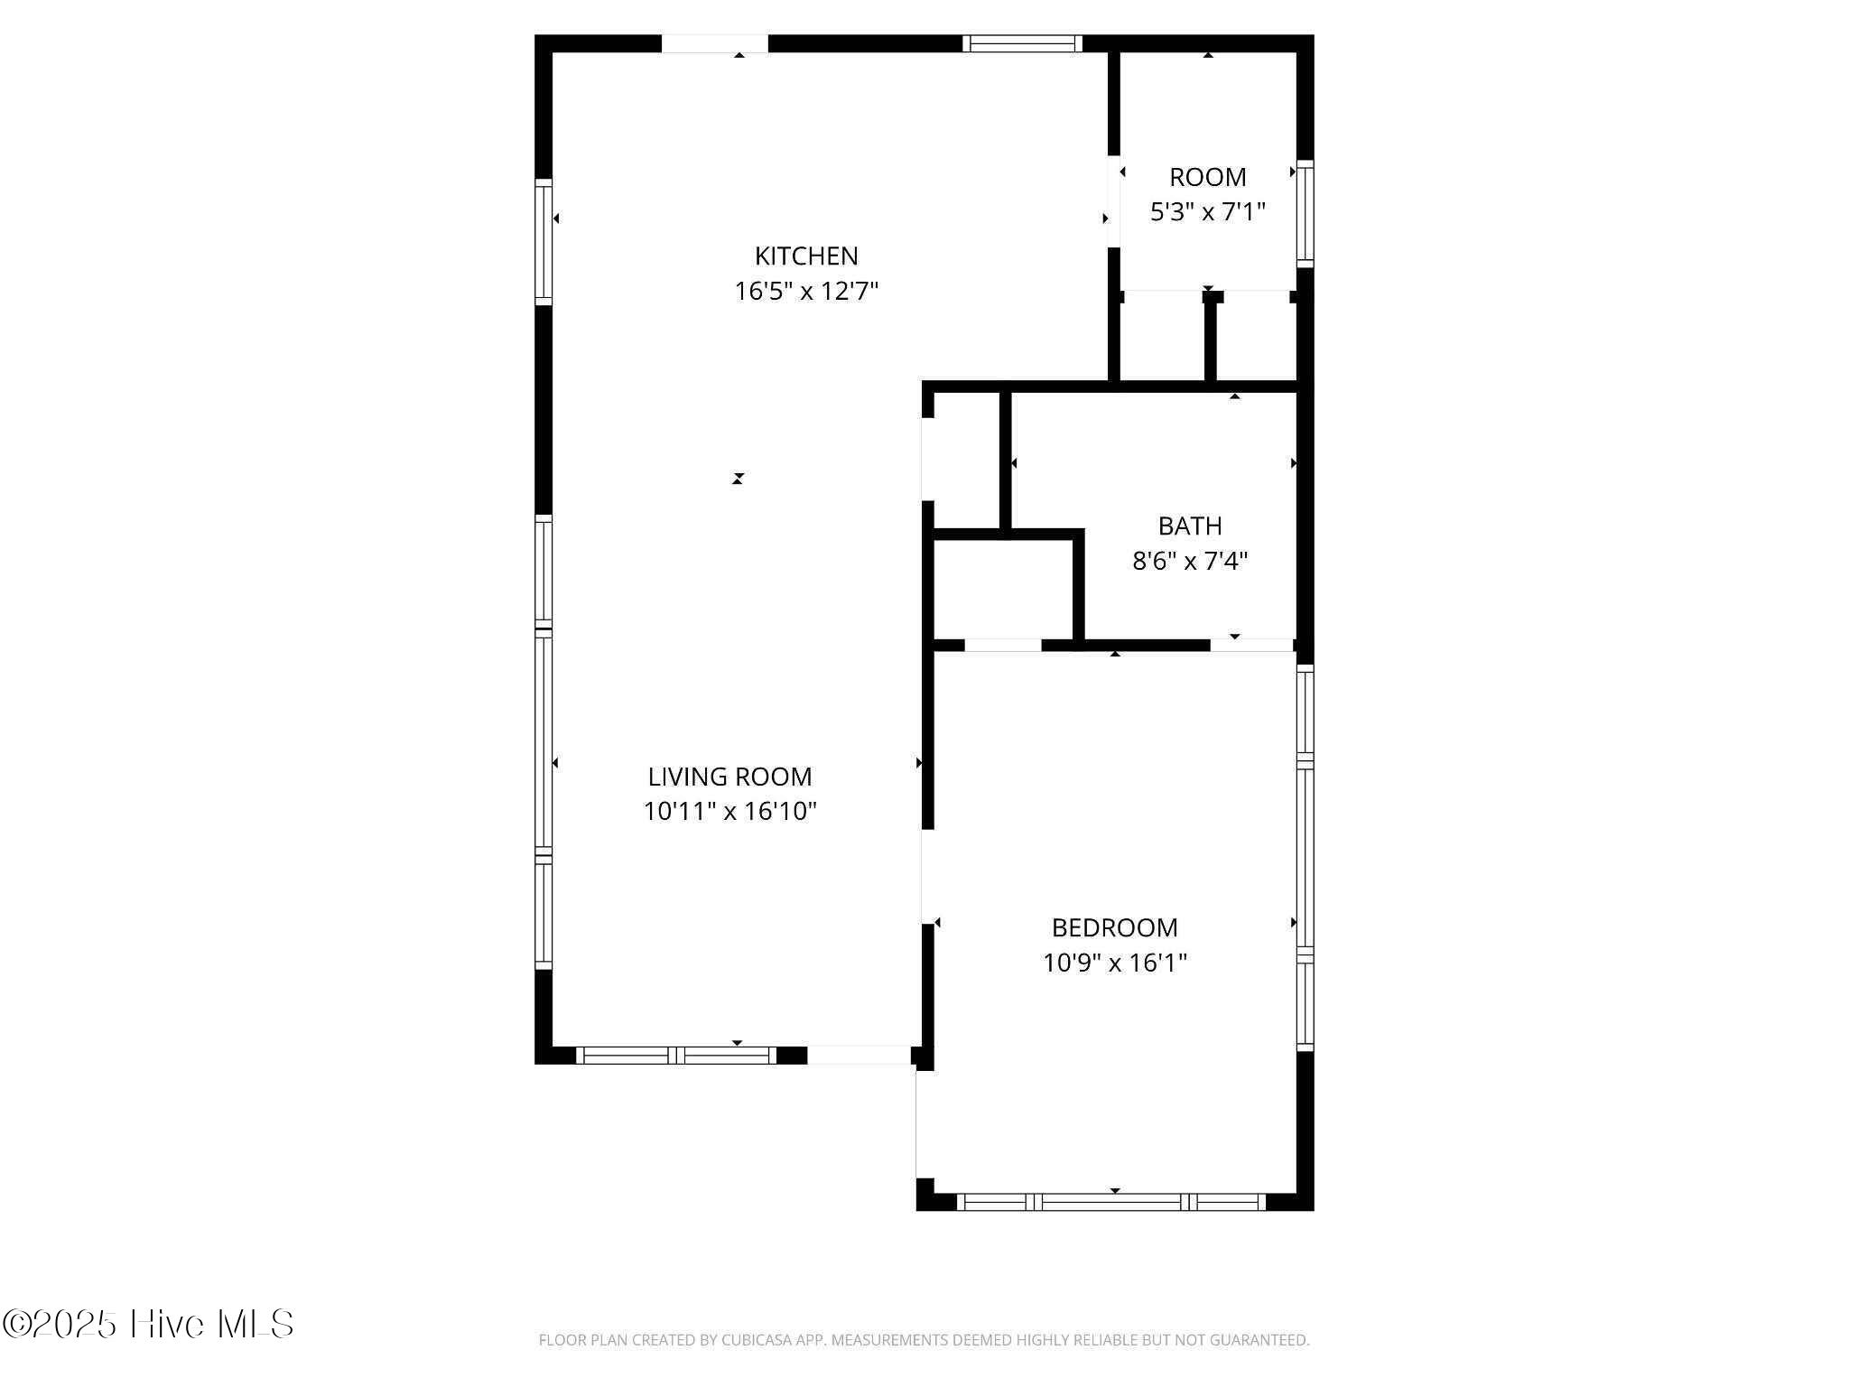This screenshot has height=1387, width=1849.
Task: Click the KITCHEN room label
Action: pyautogui.click(x=806, y=256)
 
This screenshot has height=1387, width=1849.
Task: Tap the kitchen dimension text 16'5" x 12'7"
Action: pyautogui.click(x=806, y=292)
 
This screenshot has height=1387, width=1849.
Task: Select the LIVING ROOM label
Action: pyautogui.click(x=729, y=777)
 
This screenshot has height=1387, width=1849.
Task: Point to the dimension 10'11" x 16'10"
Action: pyautogui.click(x=729, y=812)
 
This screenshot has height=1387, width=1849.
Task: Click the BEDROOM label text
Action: pyautogui.click(x=1115, y=927)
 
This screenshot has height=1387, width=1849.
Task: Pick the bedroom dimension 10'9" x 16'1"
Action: pyautogui.click(x=1115, y=963)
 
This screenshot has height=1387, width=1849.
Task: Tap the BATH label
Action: pyautogui.click(x=1190, y=526)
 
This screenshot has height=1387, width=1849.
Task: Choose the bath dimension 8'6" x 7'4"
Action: pyautogui.click(x=1190, y=561)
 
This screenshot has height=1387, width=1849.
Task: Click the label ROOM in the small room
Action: pyautogui.click(x=1208, y=177)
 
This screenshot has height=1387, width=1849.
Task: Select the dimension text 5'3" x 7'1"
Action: pyautogui.click(x=1208, y=212)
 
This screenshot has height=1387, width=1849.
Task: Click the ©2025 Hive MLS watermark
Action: pyautogui.click(x=148, y=1324)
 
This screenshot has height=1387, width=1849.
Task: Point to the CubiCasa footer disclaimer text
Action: pyautogui.click(x=924, y=1340)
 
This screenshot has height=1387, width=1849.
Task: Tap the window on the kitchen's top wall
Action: pyautogui.click(x=1022, y=43)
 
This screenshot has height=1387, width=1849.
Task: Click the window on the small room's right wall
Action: pyautogui.click(x=1305, y=214)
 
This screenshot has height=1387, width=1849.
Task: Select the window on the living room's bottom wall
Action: pyautogui.click(x=676, y=1055)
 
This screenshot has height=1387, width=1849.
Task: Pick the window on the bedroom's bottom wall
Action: pyautogui.click(x=1111, y=1202)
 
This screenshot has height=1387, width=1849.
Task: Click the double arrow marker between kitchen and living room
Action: pyautogui.click(x=738, y=479)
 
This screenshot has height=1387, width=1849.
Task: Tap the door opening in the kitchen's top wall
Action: pyautogui.click(x=715, y=43)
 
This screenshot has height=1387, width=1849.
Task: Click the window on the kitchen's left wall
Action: pyautogui.click(x=544, y=242)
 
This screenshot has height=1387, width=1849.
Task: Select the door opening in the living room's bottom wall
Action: pyautogui.click(x=859, y=1055)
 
